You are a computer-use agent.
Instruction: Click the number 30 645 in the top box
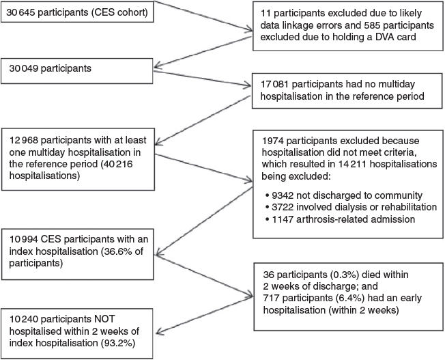20,12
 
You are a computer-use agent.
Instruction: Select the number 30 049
24,68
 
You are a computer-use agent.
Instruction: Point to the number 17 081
275,84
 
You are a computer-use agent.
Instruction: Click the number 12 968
24,140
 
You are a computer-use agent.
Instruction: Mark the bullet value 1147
282,219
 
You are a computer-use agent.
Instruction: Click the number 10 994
24,239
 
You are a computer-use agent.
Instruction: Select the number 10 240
24,319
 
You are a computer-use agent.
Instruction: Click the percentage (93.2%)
118,343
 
